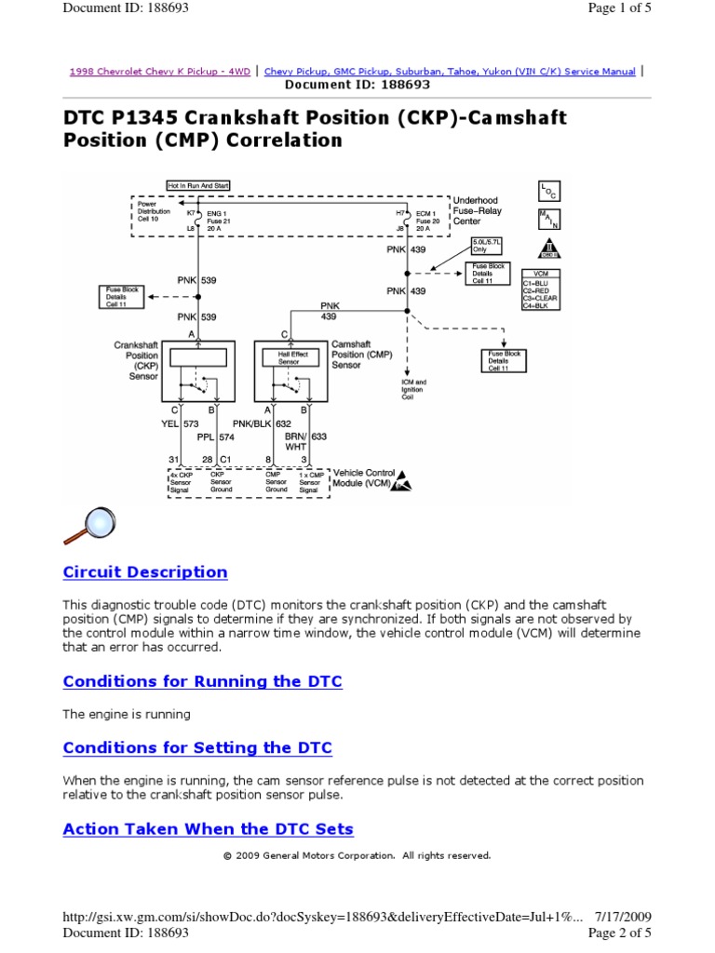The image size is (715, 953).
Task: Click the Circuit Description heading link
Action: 144,572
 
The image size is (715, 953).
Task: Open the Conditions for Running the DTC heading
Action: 202,681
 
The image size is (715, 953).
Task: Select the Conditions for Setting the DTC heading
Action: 196,748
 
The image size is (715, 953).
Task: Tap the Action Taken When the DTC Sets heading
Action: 208,829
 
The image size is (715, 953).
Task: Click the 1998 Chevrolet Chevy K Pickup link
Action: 160,72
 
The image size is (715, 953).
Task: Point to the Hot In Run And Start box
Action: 197,185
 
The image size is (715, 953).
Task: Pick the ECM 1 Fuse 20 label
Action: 423,220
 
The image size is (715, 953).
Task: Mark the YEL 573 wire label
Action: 173,423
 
